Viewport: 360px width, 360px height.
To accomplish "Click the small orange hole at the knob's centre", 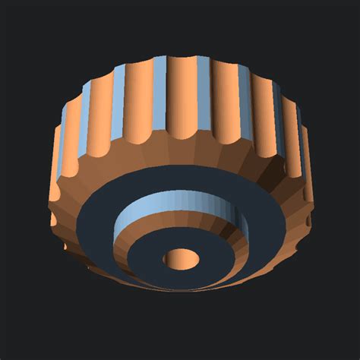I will pyautogui.click(x=182, y=258).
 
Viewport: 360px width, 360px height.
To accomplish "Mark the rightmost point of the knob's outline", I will pyautogui.click(x=313, y=190).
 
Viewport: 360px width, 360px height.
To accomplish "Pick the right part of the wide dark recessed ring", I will pyautogui.click(x=266, y=228).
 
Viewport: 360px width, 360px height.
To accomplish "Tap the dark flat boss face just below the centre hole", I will pyautogui.click(x=182, y=279).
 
